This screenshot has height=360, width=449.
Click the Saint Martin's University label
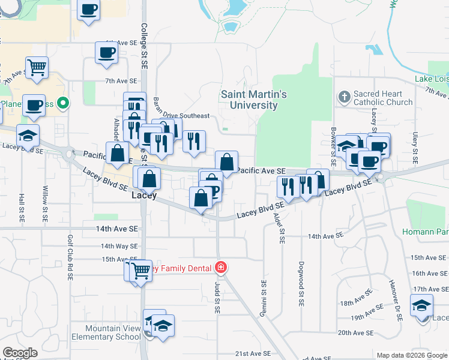pos(254,100)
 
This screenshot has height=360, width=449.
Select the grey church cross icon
pos(344,95)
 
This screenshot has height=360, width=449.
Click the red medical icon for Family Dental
pos(221,267)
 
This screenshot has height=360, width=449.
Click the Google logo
pos(20,353)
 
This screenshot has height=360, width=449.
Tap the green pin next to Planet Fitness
pos(61,104)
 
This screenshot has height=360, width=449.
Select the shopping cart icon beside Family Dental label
pos(142,271)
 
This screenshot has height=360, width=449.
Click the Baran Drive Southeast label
pos(181,116)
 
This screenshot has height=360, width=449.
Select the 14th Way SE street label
pos(119,246)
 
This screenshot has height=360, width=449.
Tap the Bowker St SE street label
pos(333,146)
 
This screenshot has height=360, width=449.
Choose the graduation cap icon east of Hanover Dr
pos(421,306)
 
